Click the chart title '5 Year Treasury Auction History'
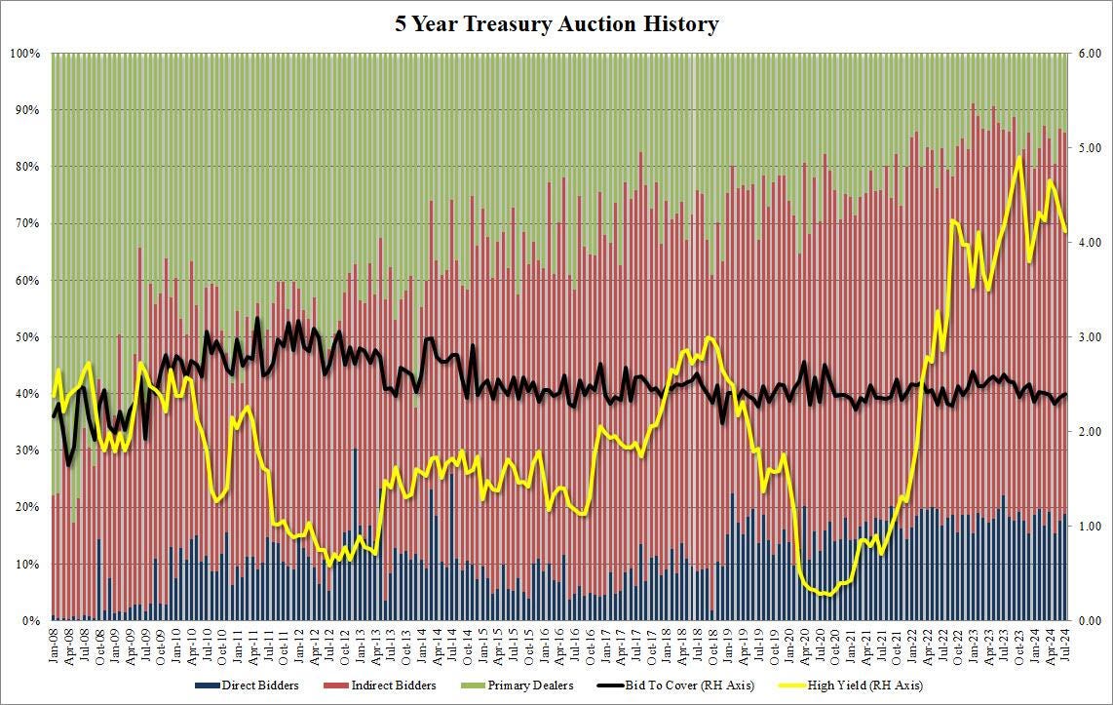pos(556,24)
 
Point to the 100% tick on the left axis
pos(24,54)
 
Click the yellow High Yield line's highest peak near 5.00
pos(1019,157)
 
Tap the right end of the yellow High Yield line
pos(1065,231)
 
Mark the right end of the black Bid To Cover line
pos(1065,394)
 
